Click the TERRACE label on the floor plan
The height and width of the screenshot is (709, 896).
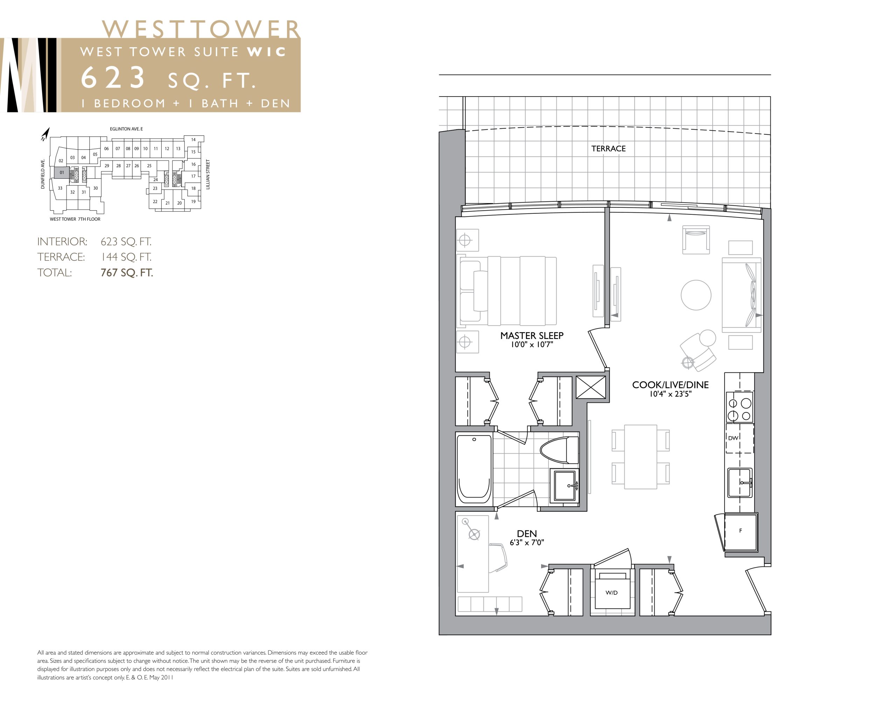coord(608,149)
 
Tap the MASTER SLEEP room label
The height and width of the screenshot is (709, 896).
coord(532,335)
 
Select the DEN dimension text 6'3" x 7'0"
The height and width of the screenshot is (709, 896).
coord(527,542)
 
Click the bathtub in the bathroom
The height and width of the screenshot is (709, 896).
coord(474,469)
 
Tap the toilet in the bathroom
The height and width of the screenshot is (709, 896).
coord(559,450)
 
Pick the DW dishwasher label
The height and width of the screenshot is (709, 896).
coord(733,438)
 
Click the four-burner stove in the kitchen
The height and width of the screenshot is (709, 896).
coord(740,409)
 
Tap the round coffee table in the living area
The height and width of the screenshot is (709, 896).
coord(696,295)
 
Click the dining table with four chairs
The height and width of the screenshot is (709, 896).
coord(640,456)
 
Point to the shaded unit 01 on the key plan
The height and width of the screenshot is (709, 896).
coord(62,173)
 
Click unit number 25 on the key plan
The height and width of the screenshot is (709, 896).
coord(149,166)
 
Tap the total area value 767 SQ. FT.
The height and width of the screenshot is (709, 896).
coord(127,273)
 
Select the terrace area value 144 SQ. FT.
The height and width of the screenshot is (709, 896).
coord(126,257)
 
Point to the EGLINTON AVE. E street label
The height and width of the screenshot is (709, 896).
coord(126,129)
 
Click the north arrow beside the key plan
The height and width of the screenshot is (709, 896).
coord(45,134)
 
